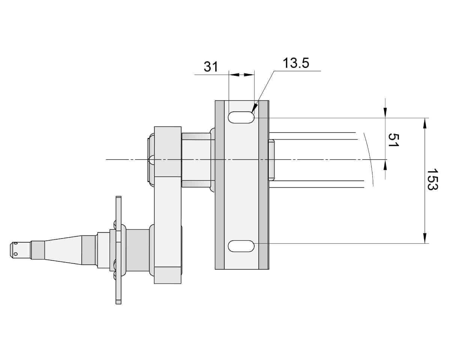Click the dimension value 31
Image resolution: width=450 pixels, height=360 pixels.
click(x=211, y=67)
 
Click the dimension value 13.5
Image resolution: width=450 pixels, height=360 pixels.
click(x=295, y=63)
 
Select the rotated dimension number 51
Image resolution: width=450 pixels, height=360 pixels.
click(x=393, y=140)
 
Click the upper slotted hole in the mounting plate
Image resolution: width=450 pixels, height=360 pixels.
click(x=241, y=117)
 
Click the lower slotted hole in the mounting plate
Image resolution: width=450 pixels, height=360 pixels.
click(x=241, y=246)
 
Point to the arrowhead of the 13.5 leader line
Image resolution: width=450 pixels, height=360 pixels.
click(x=254, y=109)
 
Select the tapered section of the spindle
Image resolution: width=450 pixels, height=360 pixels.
click(x=63, y=248)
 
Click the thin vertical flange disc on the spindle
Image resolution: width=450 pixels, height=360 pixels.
click(x=118, y=250)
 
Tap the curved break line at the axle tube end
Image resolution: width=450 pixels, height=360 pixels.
click(x=369, y=159)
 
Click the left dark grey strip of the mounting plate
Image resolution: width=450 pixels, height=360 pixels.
click(x=219, y=184)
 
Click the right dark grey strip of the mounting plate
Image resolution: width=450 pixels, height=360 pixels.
click(x=264, y=184)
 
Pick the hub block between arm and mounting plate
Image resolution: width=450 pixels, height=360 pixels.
click(x=196, y=160)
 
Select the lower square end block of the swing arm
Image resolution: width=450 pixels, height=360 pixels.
click(x=168, y=275)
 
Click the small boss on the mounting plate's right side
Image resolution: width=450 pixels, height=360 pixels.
click(x=271, y=159)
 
